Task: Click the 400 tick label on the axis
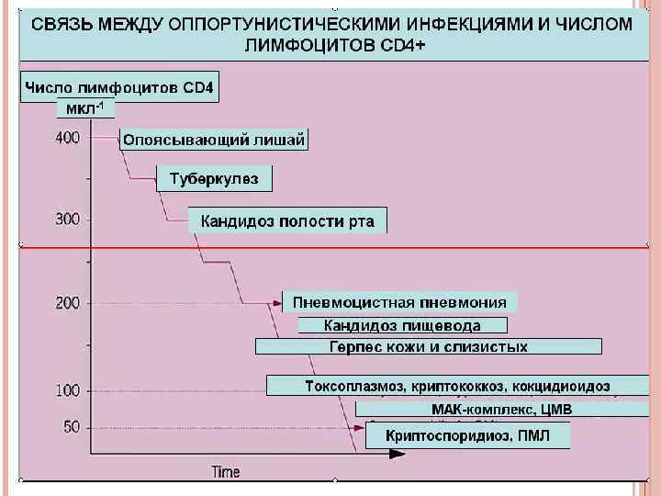67,138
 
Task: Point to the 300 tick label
67,220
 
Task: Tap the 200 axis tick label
67,303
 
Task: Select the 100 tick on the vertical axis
67,390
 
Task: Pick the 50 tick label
71,427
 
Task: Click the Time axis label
226,472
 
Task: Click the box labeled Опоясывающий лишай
213,140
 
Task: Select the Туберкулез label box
214,178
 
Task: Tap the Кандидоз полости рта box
287,221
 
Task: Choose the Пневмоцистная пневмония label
399,302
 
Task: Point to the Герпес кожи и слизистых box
428,346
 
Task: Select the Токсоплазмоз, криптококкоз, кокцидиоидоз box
457,386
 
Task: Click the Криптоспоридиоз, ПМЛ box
467,435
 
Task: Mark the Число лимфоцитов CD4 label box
120,88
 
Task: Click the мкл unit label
85,108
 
